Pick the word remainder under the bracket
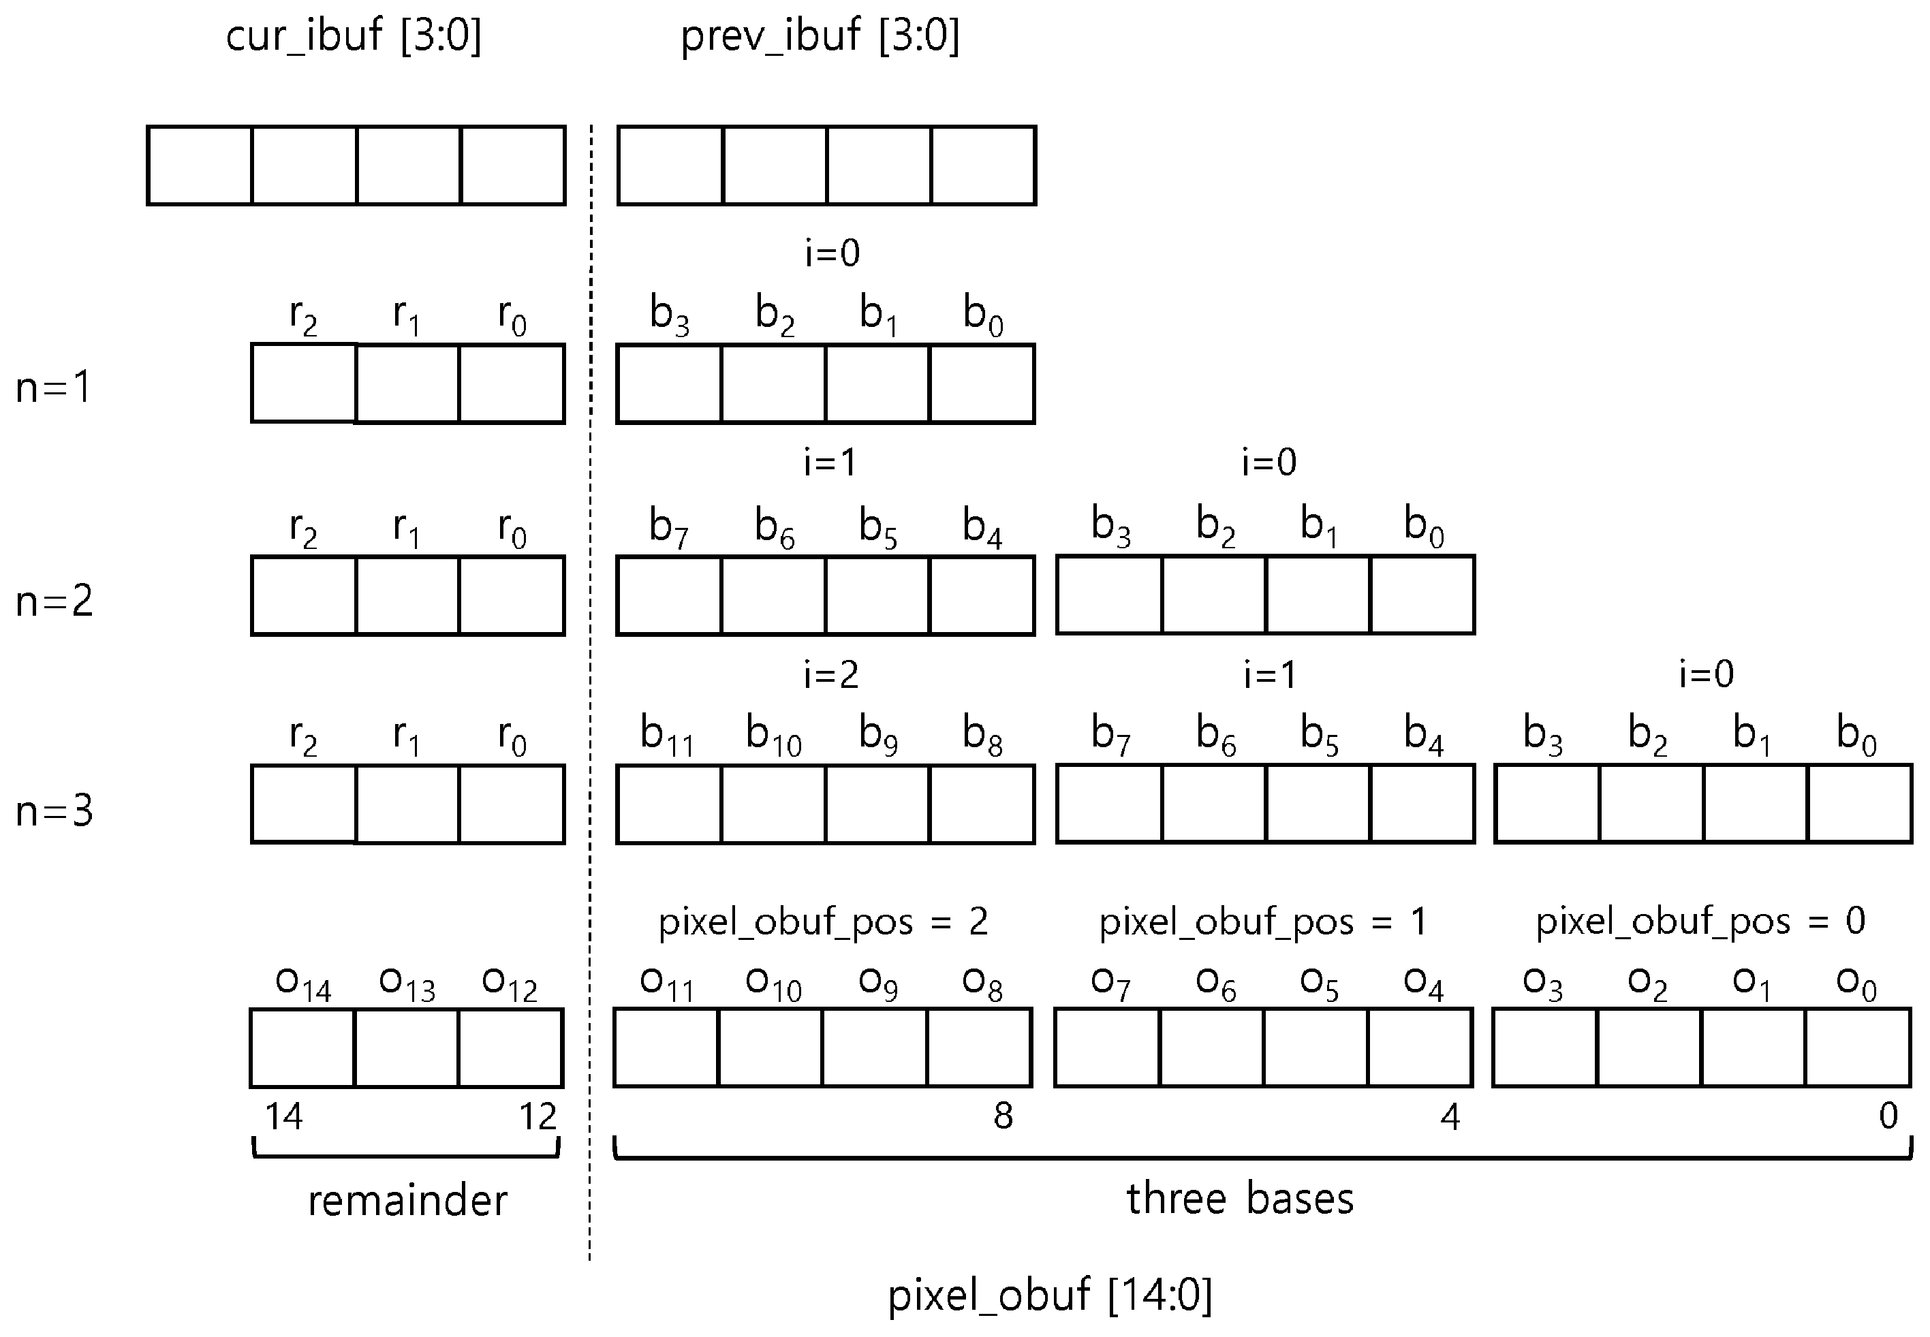[x=407, y=1201]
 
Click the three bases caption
[x=1240, y=1198]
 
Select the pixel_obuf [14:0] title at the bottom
[x=1050, y=1294]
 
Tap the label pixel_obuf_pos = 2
[x=822, y=922]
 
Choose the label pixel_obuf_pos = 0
[x=1700, y=922]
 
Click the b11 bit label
[x=667, y=735]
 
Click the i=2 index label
[x=831, y=674]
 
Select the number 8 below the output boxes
[x=1003, y=1116]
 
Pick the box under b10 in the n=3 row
[x=773, y=804]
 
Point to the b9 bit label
[x=878, y=735]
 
